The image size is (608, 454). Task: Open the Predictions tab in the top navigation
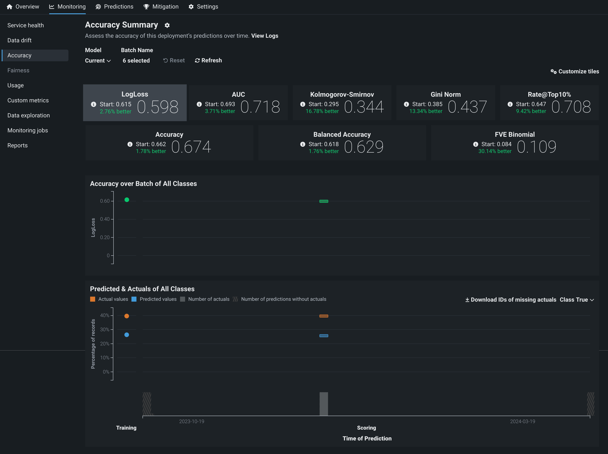point(114,7)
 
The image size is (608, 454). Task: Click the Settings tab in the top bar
point(203,7)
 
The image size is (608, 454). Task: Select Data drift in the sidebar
point(20,40)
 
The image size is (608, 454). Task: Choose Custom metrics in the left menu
point(28,100)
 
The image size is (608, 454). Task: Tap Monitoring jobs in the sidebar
point(28,130)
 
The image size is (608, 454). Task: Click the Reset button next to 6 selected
point(174,60)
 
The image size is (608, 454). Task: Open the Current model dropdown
point(98,61)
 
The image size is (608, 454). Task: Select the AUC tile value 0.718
point(260,107)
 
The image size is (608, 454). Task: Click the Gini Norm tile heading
point(445,94)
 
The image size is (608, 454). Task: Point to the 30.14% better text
point(495,151)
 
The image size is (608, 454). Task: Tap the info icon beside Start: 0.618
point(303,144)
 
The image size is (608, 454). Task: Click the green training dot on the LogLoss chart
point(127,200)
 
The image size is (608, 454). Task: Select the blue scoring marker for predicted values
point(324,336)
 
